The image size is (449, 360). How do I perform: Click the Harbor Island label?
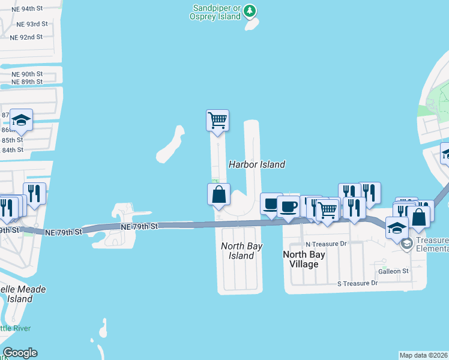coord(257,164)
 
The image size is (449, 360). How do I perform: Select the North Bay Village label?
coord(304,259)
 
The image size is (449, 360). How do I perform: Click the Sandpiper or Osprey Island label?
coord(217,12)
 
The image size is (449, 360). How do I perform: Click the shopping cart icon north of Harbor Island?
coord(217,120)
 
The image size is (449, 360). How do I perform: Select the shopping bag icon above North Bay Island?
coord(218,194)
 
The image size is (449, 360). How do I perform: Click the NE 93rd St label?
coord(32,24)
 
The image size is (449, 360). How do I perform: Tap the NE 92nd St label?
coord(26,37)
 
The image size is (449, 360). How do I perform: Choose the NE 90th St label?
coord(27,74)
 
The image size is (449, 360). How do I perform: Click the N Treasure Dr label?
coord(327,244)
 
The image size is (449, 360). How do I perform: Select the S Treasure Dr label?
coord(357,283)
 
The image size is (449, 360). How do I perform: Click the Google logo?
coord(20,353)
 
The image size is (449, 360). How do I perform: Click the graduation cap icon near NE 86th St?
coord(22,121)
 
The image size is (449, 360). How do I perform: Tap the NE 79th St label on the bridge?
coord(139,227)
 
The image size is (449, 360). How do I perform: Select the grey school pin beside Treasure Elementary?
coord(406,244)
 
